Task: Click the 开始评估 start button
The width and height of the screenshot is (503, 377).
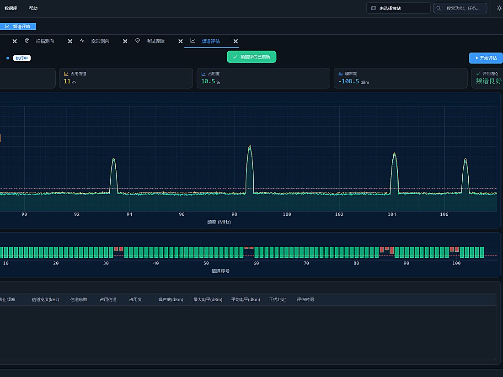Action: pyautogui.click(x=486, y=58)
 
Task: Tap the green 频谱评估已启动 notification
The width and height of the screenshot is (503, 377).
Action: pyautogui.click(x=251, y=57)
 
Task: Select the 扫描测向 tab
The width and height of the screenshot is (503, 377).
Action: pyautogui.click(x=45, y=41)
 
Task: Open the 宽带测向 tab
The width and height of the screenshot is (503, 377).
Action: pyautogui.click(x=100, y=41)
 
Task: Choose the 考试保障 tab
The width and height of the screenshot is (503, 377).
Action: pyautogui.click(x=155, y=41)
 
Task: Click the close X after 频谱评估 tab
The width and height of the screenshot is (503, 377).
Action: pyautogui.click(x=236, y=41)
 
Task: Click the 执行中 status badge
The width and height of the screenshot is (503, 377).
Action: pyautogui.click(x=22, y=58)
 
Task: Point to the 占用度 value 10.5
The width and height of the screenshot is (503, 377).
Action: pyautogui.click(x=208, y=81)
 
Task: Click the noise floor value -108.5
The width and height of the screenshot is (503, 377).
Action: pyautogui.click(x=349, y=81)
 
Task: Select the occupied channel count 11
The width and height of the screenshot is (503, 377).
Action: pyautogui.click(x=67, y=81)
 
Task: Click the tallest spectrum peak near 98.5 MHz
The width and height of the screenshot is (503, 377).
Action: pyautogui.click(x=250, y=145)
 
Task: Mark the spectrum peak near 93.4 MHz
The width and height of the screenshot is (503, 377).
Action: pyautogui.click(x=113, y=159)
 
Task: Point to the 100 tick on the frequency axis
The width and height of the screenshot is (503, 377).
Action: pyautogui.click(x=287, y=214)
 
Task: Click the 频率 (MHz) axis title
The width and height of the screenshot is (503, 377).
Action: pyautogui.click(x=219, y=222)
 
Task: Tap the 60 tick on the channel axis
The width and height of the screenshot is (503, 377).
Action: pyautogui.click(x=256, y=263)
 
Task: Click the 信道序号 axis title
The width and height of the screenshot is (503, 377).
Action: pyautogui.click(x=220, y=271)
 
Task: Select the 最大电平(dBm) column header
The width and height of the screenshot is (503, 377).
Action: pyautogui.click(x=208, y=299)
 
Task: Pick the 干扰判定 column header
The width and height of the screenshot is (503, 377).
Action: pyautogui.click(x=277, y=299)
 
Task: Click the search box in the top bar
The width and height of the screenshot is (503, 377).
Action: pyautogui.click(x=460, y=8)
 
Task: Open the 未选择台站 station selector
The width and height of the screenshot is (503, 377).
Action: pyautogui.click(x=398, y=8)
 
